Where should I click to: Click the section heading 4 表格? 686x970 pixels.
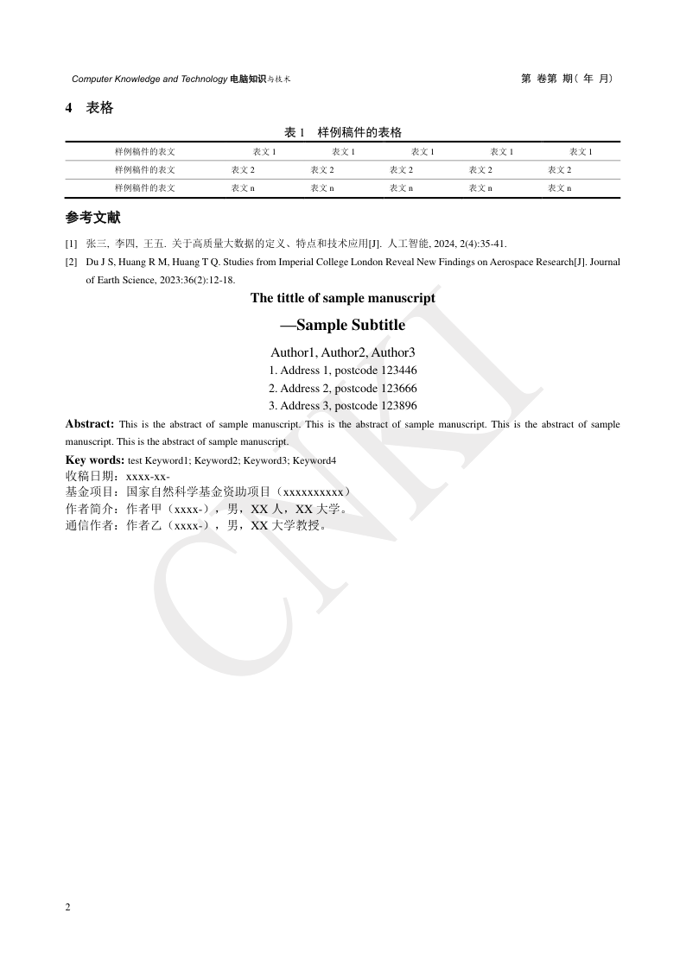pos(90,108)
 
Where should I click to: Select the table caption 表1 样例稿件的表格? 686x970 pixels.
pos(343,132)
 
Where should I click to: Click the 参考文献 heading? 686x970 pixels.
pos(93,218)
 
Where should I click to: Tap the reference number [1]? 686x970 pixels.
pos(71,244)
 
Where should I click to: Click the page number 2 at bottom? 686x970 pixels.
pos(68,907)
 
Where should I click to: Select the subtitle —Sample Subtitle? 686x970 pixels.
pos(343,326)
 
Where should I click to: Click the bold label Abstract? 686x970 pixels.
pos(90,424)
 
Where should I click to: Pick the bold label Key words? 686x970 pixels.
pos(95,460)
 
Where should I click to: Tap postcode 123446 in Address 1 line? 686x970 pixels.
pos(399,371)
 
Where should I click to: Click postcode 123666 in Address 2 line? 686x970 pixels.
pos(399,388)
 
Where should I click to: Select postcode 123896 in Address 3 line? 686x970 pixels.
pos(399,405)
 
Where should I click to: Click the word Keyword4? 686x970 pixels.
pos(314,460)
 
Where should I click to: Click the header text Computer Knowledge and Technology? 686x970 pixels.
pos(149,79)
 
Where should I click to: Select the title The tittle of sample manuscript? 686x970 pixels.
pos(343,298)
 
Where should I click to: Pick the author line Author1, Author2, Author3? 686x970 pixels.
pos(343,352)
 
